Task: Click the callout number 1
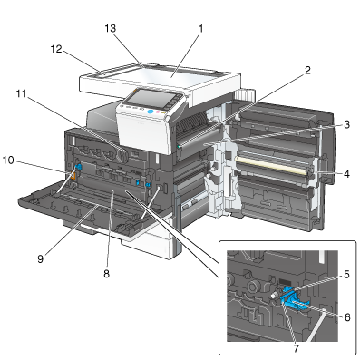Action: [x=200, y=29]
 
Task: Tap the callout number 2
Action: [x=307, y=71]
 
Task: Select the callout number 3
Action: [x=346, y=124]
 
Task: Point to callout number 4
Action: [x=346, y=174]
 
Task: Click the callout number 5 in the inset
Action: [x=346, y=274]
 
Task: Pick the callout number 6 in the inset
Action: [x=347, y=317]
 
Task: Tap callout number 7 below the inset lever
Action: [x=296, y=348]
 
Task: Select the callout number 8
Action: [x=106, y=274]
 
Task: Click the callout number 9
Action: [x=41, y=258]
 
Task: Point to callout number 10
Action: [x=8, y=161]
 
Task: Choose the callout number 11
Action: [x=21, y=94]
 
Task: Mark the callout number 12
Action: [x=56, y=49]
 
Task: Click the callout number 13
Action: [x=111, y=29]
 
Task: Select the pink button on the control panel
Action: [x=158, y=112]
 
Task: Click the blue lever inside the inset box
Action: [x=294, y=300]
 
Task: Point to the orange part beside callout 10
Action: [x=73, y=177]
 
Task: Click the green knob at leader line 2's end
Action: [x=180, y=147]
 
